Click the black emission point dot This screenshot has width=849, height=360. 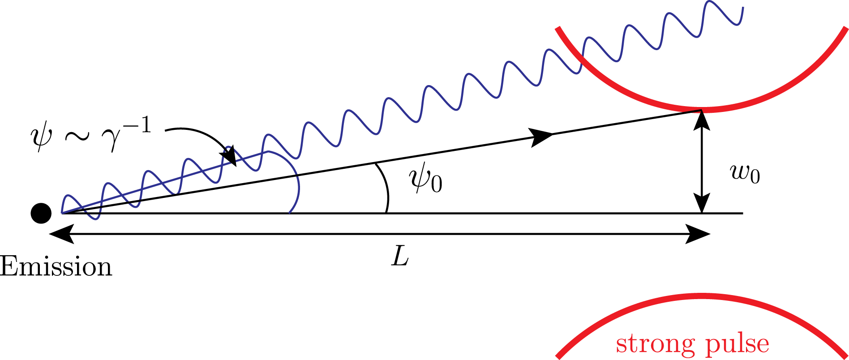(x=41, y=213)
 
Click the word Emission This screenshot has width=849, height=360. (x=56, y=267)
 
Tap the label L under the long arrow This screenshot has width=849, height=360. (x=400, y=257)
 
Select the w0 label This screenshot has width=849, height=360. (x=745, y=174)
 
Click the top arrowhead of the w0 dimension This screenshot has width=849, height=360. (x=702, y=119)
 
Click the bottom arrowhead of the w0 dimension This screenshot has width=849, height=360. (x=702, y=204)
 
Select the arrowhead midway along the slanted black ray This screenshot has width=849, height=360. (x=542, y=136)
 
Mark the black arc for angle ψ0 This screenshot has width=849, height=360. (x=386, y=188)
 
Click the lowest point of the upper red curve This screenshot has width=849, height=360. (x=701, y=109)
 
